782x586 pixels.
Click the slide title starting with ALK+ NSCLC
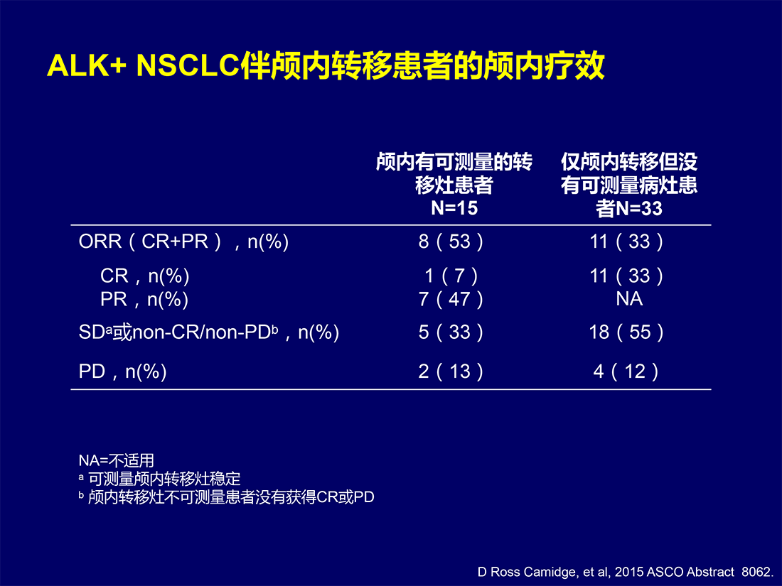pyautogui.click(x=326, y=65)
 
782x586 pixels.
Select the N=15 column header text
pyautogui.click(x=454, y=185)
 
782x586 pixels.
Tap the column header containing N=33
pyautogui.click(x=629, y=185)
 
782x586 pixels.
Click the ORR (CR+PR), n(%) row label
pyautogui.click(x=183, y=242)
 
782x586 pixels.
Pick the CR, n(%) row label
pyautogui.click(x=144, y=276)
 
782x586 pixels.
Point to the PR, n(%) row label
pyautogui.click(x=144, y=299)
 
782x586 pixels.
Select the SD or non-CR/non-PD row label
pyautogui.click(x=209, y=332)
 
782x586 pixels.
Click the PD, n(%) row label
pyautogui.click(x=123, y=371)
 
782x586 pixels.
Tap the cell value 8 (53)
pyautogui.click(x=451, y=242)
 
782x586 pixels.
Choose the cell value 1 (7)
pyautogui.click(x=451, y=276)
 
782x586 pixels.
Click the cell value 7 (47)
pyautogui.click(x=451, y=299)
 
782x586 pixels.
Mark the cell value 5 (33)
pyautogui.click(x=451, y=332)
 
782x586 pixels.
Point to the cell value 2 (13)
pyautogui.click(x=451, y=371)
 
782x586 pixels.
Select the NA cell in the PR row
pyautogui.click(x=629, y=299)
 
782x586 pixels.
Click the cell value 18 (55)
pyautogui.click(x=626, y=332)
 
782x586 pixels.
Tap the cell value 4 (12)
pyautogui.click(x=626, y=371)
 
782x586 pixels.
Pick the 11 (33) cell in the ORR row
pyautogui.click(x=626, y=242)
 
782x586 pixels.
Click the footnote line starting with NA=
pyautogui.click(x=116, y=460)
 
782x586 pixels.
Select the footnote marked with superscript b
pyautogui.click(x=226, y=497)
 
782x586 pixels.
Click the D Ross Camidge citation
pyautogui.click(x=626, y=572)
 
